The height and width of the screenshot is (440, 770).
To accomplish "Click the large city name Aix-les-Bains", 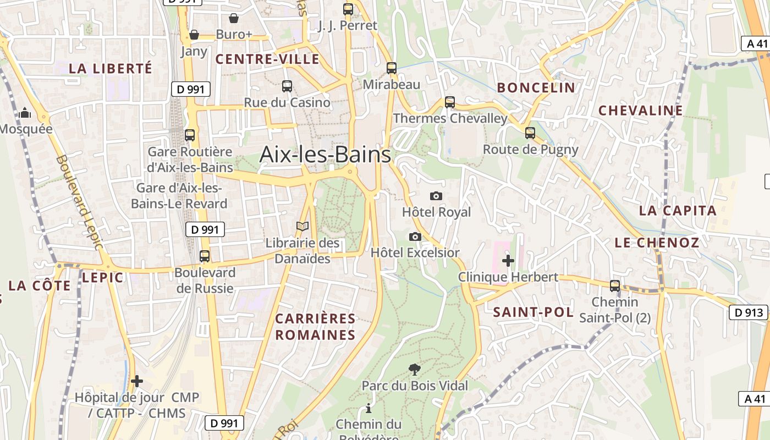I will click(325, 155).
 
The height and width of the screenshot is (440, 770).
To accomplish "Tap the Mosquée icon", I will click(25, 113).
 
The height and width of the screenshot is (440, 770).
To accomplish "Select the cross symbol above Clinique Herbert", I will click(508, 260).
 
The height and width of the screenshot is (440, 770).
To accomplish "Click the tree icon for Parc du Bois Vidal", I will click(415, 370).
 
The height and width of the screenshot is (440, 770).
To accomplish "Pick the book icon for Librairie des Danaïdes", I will click(302, 226).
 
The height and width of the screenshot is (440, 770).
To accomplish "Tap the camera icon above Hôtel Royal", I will click(436, 196).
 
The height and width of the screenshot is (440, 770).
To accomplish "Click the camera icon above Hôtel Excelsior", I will click(415, 237).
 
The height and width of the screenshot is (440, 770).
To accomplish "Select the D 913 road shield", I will click(749, 312).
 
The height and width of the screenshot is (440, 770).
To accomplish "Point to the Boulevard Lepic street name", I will click(79, 202).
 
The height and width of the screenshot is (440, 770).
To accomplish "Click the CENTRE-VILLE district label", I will click(267, 59).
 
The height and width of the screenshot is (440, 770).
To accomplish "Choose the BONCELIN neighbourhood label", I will click(536, 87).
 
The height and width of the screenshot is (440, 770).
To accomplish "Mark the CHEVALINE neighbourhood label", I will click(640, 111).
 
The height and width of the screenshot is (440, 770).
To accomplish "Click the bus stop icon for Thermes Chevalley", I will click(450, 102).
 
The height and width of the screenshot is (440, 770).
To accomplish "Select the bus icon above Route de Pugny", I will click(530, 133).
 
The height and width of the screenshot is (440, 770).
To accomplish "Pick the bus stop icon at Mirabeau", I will click(391, 68).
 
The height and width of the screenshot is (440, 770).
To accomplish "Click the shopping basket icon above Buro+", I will click(234, 18).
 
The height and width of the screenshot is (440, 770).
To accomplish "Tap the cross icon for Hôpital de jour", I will click(137, 381).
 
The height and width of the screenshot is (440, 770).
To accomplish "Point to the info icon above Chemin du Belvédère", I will click(369, 408).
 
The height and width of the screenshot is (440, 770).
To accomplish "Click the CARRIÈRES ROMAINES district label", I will click(316, 327).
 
